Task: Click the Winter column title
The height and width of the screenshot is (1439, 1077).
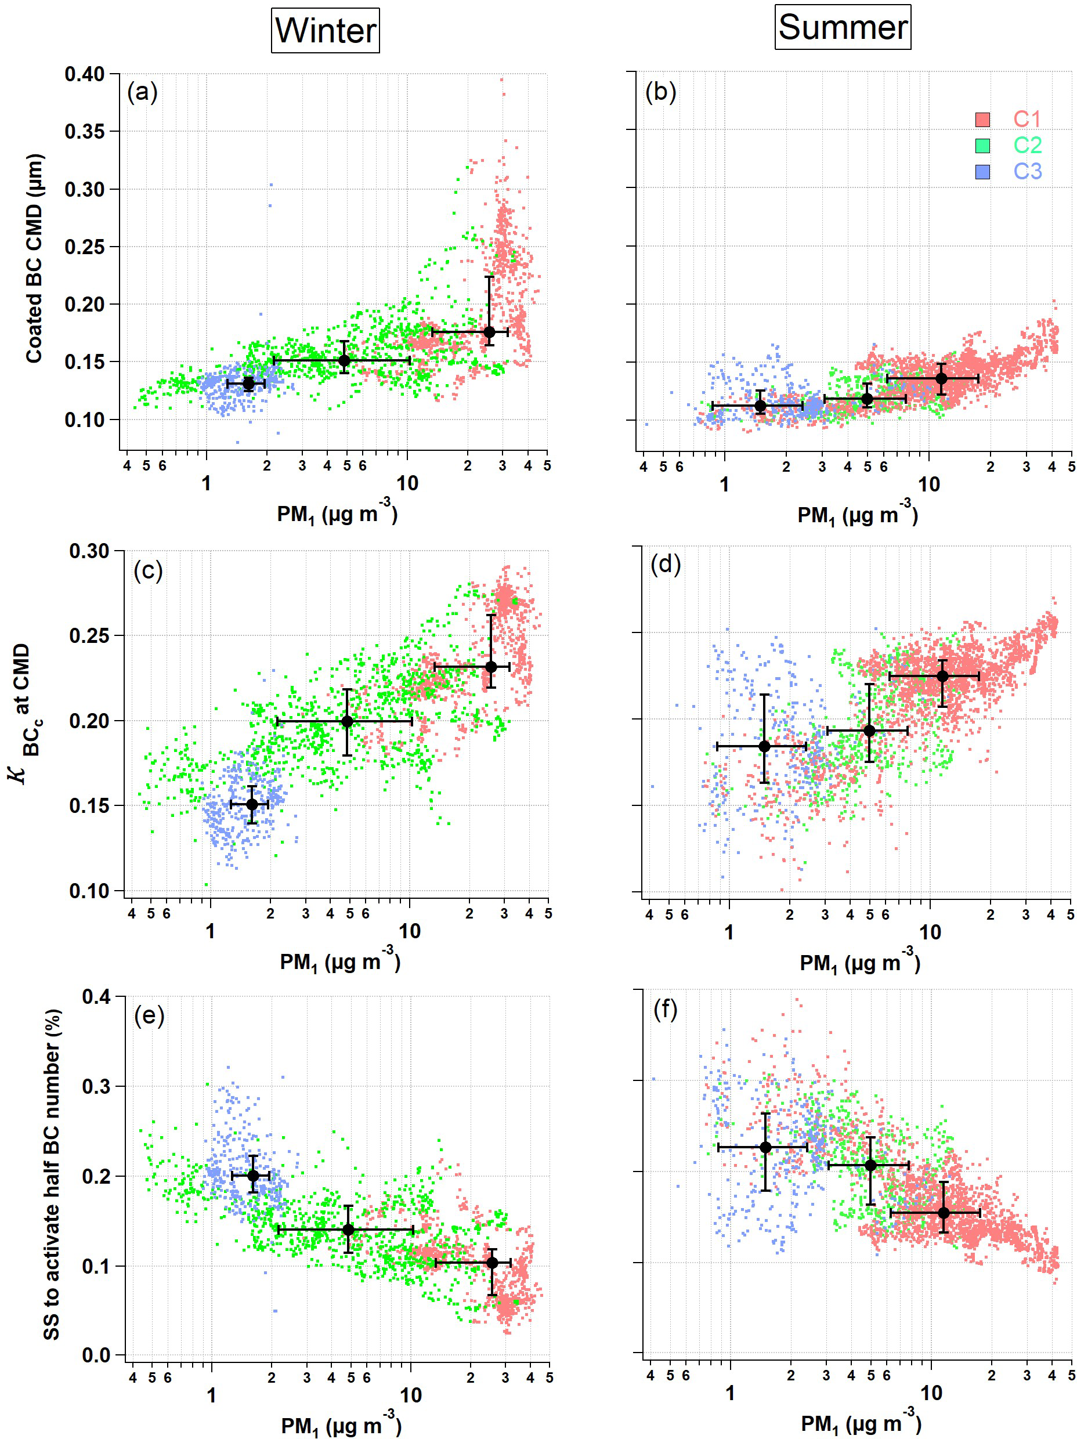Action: tap(325, 31)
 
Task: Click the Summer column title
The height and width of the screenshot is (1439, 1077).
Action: tap(842, 27)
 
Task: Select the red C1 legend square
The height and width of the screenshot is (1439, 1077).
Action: tap(982, 119)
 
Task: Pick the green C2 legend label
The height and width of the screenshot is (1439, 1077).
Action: tap(1027, 144)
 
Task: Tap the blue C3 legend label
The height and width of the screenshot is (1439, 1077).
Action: tap(1027, 171)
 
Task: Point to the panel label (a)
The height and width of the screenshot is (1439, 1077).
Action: tap(143, 92)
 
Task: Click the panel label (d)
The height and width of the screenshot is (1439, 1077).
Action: tap(666, 564)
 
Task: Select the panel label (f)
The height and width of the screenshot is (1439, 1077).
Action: tap(666, 1010)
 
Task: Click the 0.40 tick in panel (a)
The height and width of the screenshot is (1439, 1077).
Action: tap(85, 74)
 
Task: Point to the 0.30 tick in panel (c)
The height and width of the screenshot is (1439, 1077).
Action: tap(89, 551)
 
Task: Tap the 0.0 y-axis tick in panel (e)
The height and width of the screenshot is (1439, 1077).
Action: tap(96, 1357)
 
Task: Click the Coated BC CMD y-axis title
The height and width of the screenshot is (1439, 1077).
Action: tap(34, 258)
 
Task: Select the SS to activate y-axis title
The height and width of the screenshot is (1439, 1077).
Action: tap(52, 1175)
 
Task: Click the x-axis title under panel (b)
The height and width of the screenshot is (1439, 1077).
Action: tap(858, 515)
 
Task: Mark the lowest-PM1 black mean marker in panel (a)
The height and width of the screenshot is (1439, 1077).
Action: tap(248, 384)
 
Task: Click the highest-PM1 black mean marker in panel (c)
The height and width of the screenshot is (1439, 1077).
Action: tap(491, 667)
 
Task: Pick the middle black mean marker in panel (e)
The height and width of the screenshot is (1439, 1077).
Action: tap(348, 1230)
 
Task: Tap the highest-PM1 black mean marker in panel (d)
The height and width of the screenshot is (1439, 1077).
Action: tap(942, 677)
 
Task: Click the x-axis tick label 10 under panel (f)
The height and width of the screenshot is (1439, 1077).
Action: tap(931, 1393)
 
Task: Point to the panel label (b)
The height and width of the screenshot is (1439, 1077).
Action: tap(660, 92)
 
